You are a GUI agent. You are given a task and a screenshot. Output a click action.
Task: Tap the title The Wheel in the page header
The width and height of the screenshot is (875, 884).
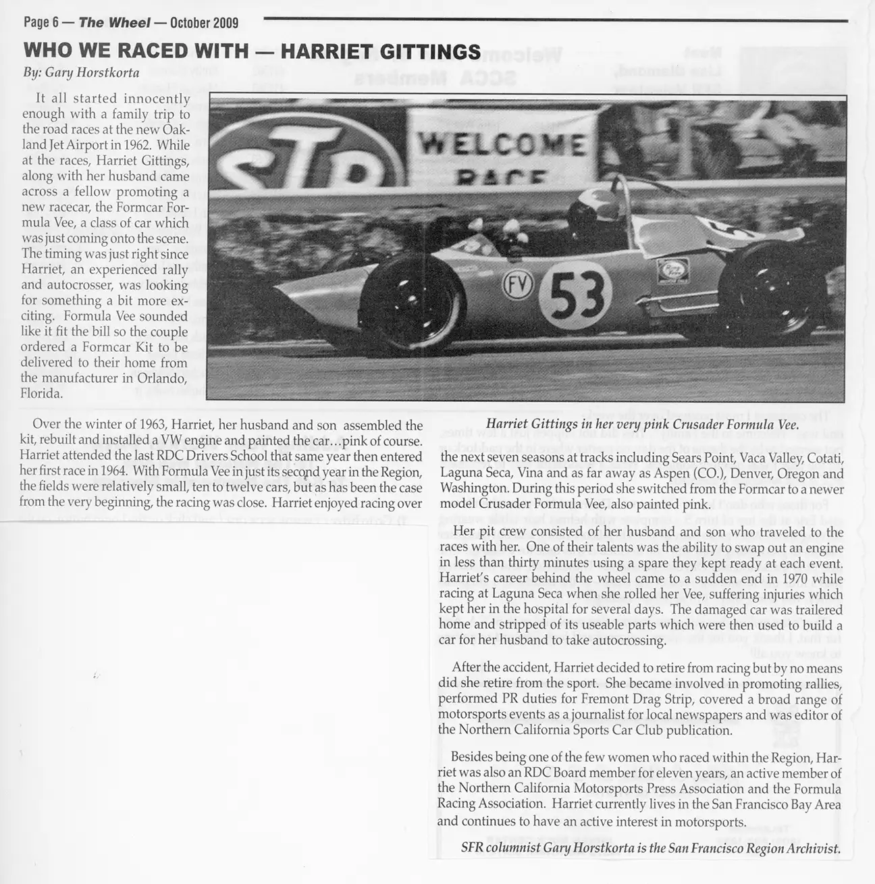click(x=114, y=23)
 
